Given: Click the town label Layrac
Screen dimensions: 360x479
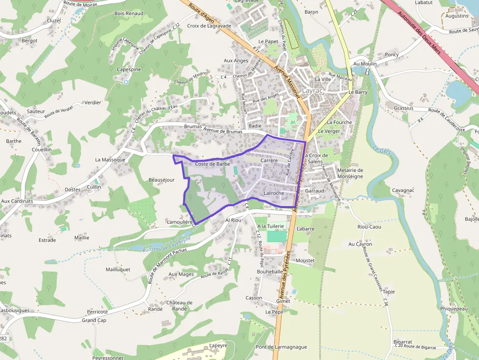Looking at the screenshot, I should pyautogui.click(x=313, y=91).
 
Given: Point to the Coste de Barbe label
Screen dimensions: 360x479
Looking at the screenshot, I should pyautogui.click(x=213, y=164).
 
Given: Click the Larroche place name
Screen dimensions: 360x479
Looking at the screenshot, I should pyautogui.click(x=274, y=193).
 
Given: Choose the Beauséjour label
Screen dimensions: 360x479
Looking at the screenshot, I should pyautogui.click(x=161, y=180).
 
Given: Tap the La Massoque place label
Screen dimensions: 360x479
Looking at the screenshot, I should pyautogui.click(x=110, y=160).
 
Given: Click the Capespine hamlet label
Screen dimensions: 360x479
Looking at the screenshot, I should pyautogui.click(x=129, y=69).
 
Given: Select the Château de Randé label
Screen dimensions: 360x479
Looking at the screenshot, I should pyautogui.click(x=179, y=305).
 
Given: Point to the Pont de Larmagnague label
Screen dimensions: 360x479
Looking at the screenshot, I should pyautogui.click(x=282, y=347).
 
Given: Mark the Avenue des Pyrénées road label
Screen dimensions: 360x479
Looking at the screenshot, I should pyautogui.click(x=285, y=276).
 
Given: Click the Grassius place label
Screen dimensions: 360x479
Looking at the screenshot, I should pyautogui.click(x=403, y=108).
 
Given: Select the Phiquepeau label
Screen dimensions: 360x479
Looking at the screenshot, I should pyautogui.click(x=454, y=309).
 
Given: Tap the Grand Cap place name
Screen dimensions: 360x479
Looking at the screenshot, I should pyautogui.click(x=94, y=320).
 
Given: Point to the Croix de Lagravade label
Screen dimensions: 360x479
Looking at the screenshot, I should pyautogui.click(x=209, y=26).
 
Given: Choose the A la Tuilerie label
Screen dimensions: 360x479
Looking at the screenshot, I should pyautogui.click(x=270, y=226).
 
